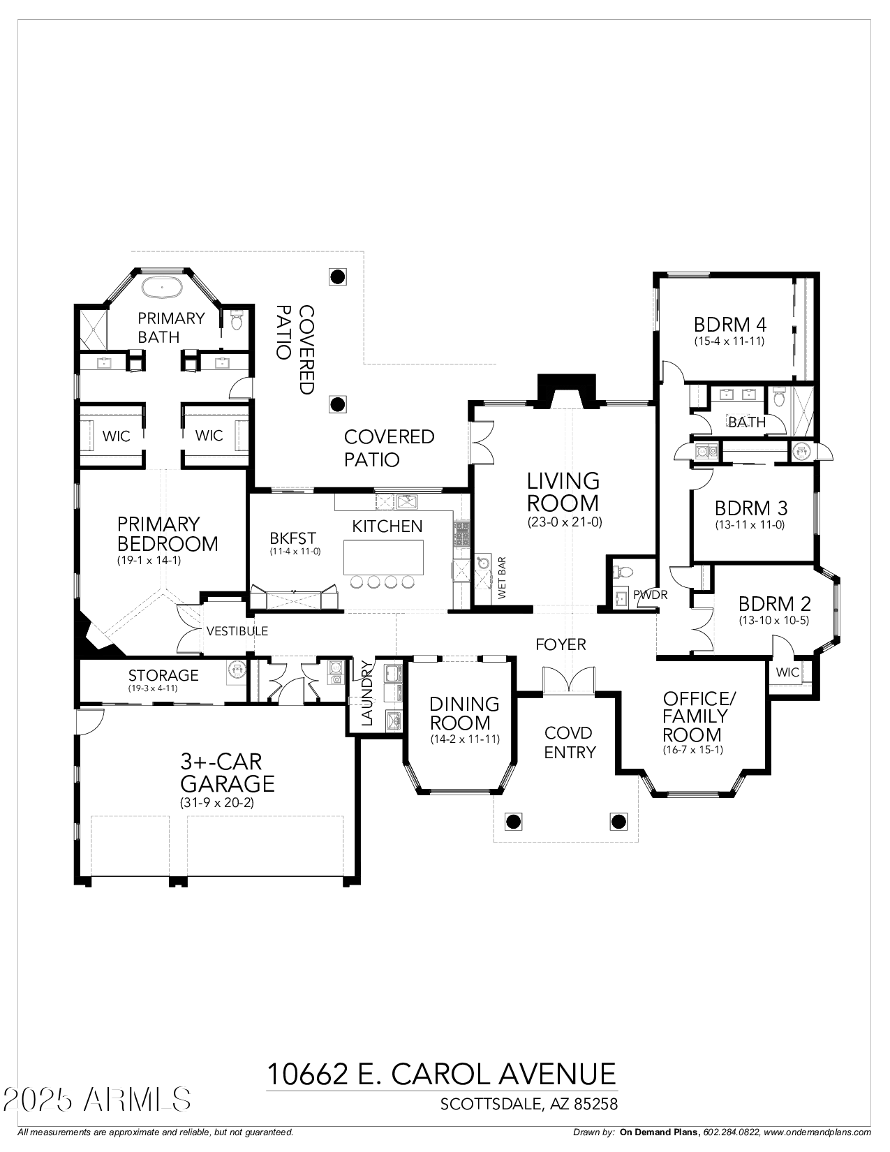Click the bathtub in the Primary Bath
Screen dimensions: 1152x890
click(163, 286)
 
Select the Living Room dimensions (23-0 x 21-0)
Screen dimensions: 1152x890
click(564, 522)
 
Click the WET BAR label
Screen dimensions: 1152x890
click(501, 578)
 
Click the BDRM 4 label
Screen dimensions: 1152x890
click(730, 325)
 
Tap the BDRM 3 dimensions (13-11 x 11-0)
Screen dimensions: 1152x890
click(750, 525)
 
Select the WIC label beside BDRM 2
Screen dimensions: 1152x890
click(787, 672)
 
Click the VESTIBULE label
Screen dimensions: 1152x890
click(237, 631)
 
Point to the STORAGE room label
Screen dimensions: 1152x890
click(163, 675)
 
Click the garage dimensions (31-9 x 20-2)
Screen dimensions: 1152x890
click(216, 803)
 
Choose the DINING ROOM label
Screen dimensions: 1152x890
click(464, 713)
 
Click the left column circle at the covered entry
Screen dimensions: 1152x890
click(513, 821)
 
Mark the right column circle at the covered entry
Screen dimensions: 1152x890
click(618, 821)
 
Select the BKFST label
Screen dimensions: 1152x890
click(293, 538)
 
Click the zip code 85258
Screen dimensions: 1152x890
click(596, 1104)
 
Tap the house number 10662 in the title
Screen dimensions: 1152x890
click(307, 1074)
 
